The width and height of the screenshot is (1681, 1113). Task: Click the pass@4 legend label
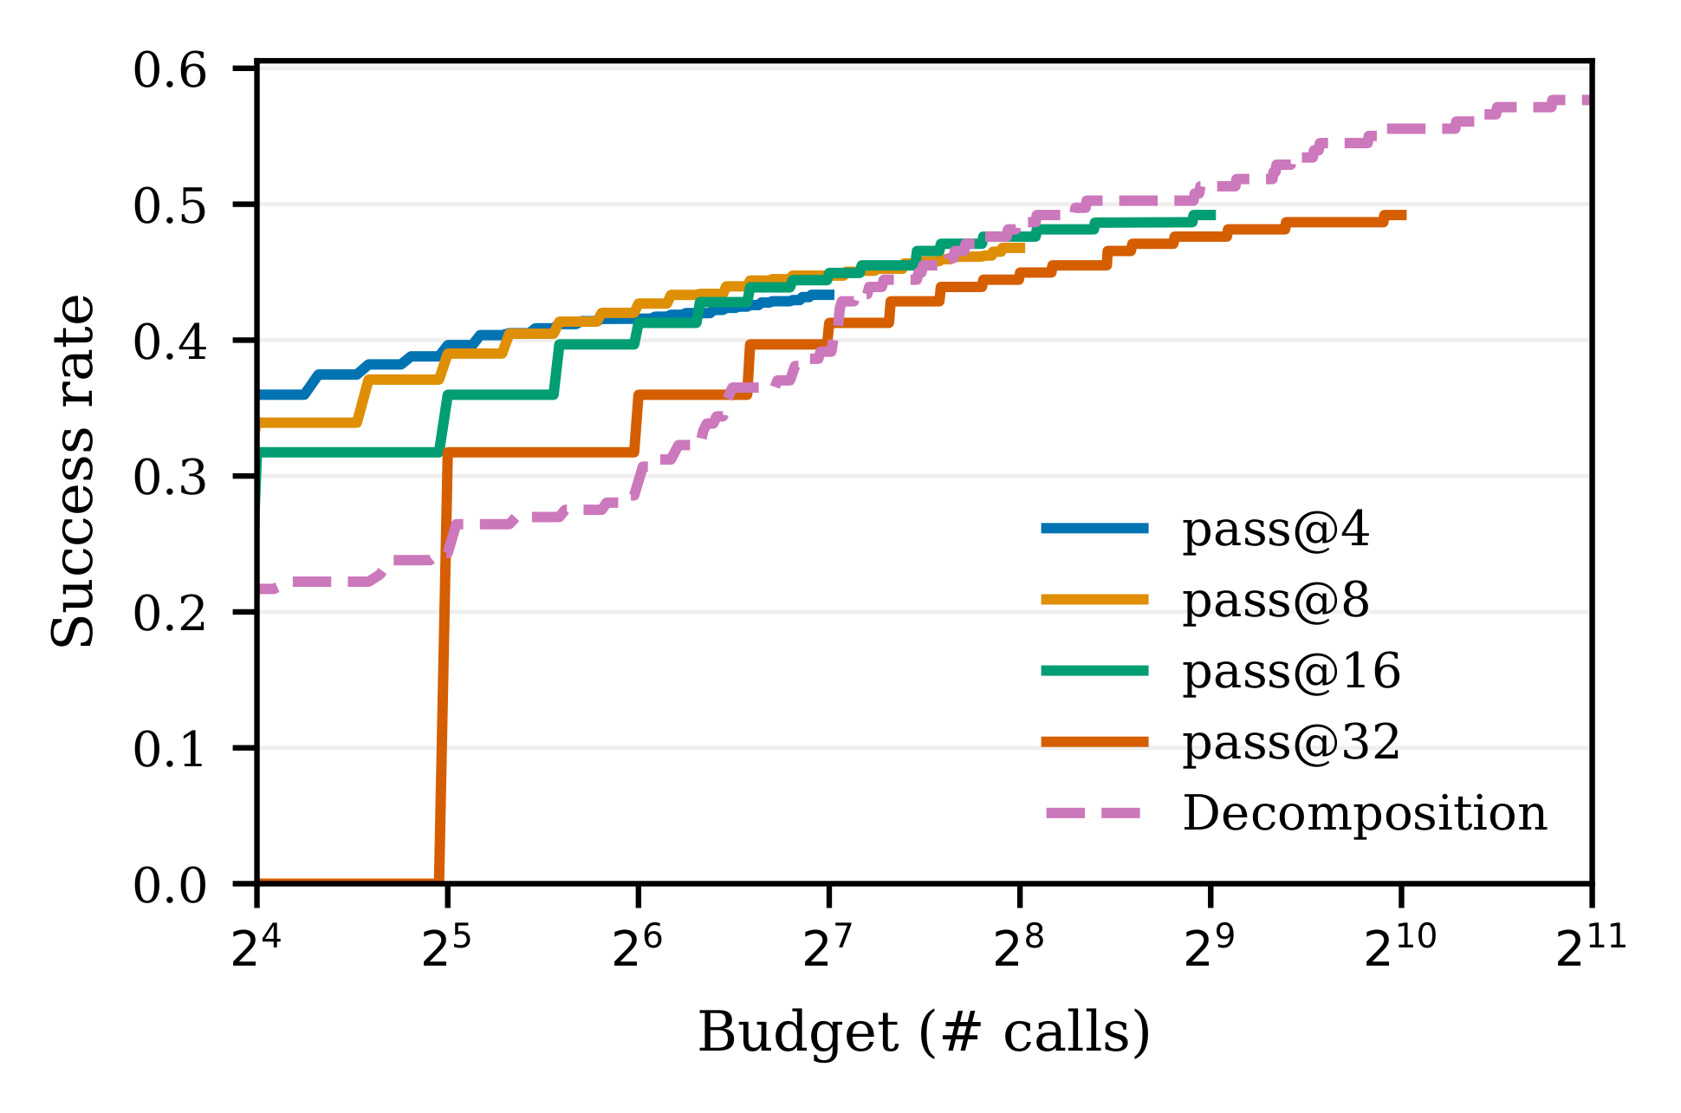tap(1275, 530)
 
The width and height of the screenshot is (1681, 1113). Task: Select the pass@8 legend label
tap(1275, 601)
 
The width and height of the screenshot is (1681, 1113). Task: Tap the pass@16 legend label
tap(1291, 672)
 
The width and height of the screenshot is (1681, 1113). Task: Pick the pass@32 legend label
tap(1291, 743)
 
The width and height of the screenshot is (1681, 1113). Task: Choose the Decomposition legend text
tap(1365, 814)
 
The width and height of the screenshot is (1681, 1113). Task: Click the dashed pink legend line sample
tap(1094, 813)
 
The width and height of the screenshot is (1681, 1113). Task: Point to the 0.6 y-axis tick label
tap(170, 71)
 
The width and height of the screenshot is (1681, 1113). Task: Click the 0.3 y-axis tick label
tap(170, 478)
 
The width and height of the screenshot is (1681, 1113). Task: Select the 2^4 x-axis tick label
tap(256, 948)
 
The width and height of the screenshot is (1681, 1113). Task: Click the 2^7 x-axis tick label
tap(828, 948)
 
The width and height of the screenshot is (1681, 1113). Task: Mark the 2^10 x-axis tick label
tap(1399, 948)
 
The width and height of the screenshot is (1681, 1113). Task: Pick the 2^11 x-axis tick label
tap(1591, 948)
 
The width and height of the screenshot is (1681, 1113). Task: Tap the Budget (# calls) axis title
tap(924, 1032)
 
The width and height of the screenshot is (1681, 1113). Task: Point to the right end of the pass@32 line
tap(1404, 215)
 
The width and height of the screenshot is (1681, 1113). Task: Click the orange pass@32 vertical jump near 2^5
tap(443, 667)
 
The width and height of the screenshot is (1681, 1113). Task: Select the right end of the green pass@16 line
tap(1213, 215)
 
